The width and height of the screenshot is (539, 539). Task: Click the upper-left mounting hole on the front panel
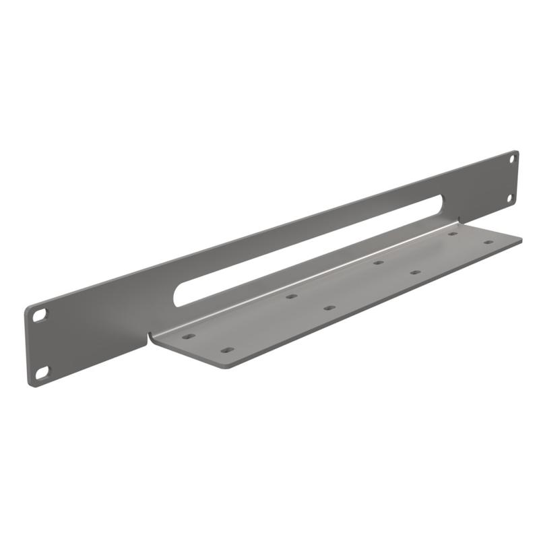(x=41, y=314)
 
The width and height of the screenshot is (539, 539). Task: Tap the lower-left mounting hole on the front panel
(x=42, y=371)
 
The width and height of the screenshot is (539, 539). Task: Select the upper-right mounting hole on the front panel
(x=511, y=159)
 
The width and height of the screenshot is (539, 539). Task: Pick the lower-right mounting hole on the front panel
(x=510, y=198)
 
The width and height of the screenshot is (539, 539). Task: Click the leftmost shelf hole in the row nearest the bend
(x=189, y=336)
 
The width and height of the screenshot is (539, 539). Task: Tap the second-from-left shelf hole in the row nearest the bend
(x=291, y=296)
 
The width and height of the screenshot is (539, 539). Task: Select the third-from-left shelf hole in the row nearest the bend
(x=378, y=262)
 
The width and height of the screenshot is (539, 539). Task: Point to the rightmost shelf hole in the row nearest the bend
(x=453, y=234)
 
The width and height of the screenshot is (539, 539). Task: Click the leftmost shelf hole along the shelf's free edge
(x=227, y=350)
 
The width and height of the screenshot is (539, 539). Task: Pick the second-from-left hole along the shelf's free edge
(x=329, y=308)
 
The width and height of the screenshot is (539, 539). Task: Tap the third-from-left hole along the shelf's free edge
(x=416, y=272)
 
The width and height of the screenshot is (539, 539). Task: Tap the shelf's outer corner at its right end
(x=521, y=238)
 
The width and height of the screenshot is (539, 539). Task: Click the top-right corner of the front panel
(x=516, y=152)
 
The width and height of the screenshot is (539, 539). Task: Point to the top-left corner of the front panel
(x=28, y=309)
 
